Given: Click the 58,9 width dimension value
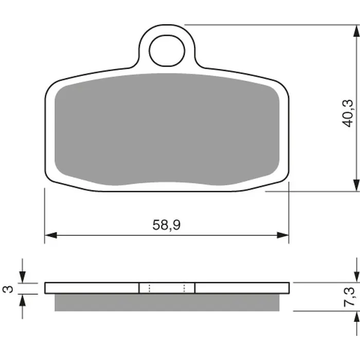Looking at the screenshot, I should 166,225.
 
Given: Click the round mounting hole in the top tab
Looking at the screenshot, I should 167,49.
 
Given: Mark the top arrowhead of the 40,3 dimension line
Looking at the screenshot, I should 355,31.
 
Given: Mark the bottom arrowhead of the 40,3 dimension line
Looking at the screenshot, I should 355,185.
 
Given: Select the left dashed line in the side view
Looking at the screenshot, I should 149,288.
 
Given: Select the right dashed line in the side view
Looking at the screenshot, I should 185,288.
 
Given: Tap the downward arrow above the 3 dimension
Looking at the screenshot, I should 22,277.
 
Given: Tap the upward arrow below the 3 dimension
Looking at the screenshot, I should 22,300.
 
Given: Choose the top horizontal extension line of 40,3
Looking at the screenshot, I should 267,24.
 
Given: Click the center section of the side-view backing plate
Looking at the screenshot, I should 167,288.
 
